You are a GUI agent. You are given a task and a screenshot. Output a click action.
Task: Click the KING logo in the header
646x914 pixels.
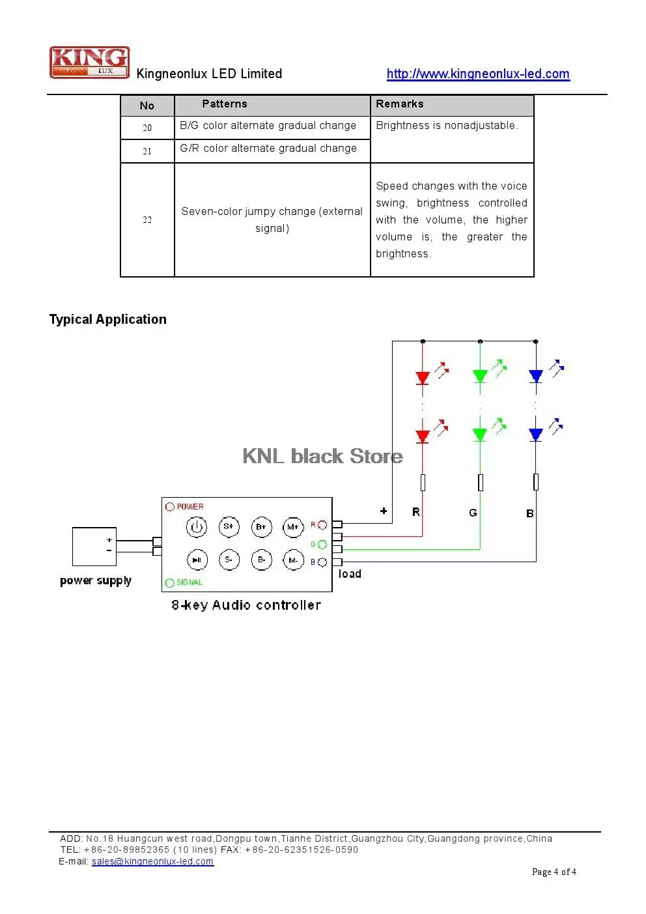click(89, 62)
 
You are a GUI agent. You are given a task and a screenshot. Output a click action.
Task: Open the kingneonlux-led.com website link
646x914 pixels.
click(478, 74)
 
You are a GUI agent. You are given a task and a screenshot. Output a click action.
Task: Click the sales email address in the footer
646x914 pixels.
click(152, 861)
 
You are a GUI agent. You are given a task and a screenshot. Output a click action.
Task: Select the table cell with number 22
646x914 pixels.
click(147, 220)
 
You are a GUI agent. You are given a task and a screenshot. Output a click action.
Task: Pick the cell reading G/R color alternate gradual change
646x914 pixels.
click(272, 151)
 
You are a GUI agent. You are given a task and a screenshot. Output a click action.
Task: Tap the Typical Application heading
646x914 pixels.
click(107, 319)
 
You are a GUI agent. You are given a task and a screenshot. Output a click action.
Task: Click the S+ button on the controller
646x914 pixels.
click(229, 526)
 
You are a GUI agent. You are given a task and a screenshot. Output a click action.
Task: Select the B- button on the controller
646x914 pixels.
click(261, 560)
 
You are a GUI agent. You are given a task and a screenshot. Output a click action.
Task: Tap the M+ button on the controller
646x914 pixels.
click(293, 527)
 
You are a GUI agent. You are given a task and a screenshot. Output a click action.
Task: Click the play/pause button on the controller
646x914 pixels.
click(197, 560)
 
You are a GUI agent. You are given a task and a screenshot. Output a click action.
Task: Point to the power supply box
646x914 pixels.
click(94, 547)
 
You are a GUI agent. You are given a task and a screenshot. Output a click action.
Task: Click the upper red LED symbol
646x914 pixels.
click(423, 378)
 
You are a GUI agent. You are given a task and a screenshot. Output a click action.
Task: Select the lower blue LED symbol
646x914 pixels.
click(535, 435)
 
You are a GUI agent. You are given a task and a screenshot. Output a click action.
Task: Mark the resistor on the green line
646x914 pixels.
click(481, 482)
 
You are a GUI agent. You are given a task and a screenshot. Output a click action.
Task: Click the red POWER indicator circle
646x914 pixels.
click(170, 507)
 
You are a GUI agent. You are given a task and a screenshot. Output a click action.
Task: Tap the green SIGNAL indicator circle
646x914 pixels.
click(170, 582)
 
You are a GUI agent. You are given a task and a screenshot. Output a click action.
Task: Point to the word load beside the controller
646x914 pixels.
click(350, 574)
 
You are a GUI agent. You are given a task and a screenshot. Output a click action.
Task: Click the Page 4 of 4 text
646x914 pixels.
click(554, 872)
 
